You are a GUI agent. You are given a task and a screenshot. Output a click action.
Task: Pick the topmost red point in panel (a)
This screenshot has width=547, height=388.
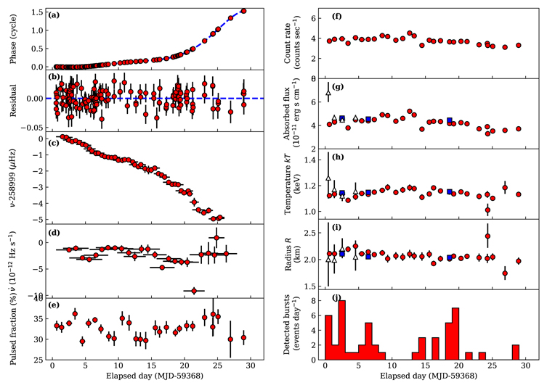click(243, 11)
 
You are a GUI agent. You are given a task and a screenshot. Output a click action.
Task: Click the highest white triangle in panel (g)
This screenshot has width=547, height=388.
click(328, 93)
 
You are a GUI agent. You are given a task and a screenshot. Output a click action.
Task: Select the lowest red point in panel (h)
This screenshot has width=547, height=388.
click(487, 210)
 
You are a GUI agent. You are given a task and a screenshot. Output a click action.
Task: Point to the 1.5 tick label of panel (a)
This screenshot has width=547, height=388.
click(37, 12)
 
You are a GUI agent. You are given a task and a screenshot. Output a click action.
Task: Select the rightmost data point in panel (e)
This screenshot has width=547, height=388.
click(243, 337)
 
